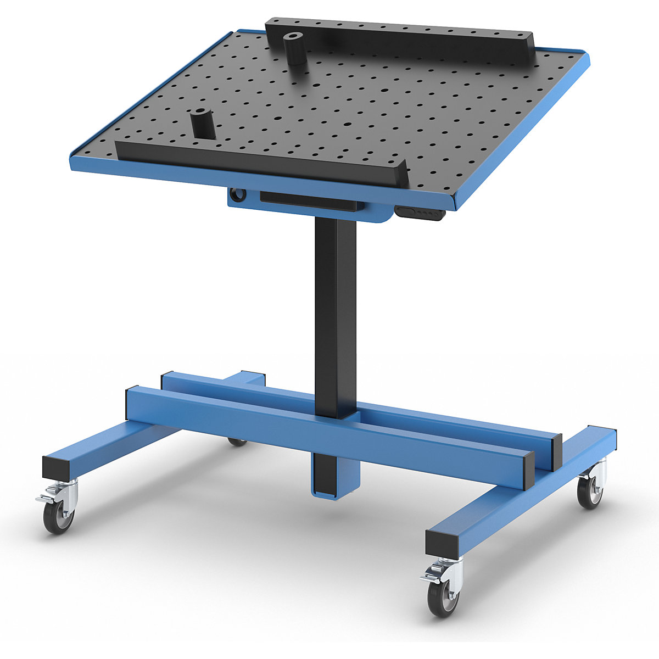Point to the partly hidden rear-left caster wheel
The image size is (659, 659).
pos(237,442)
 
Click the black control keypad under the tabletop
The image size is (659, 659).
pos(420,213)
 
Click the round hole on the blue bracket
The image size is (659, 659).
pos(238,194)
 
